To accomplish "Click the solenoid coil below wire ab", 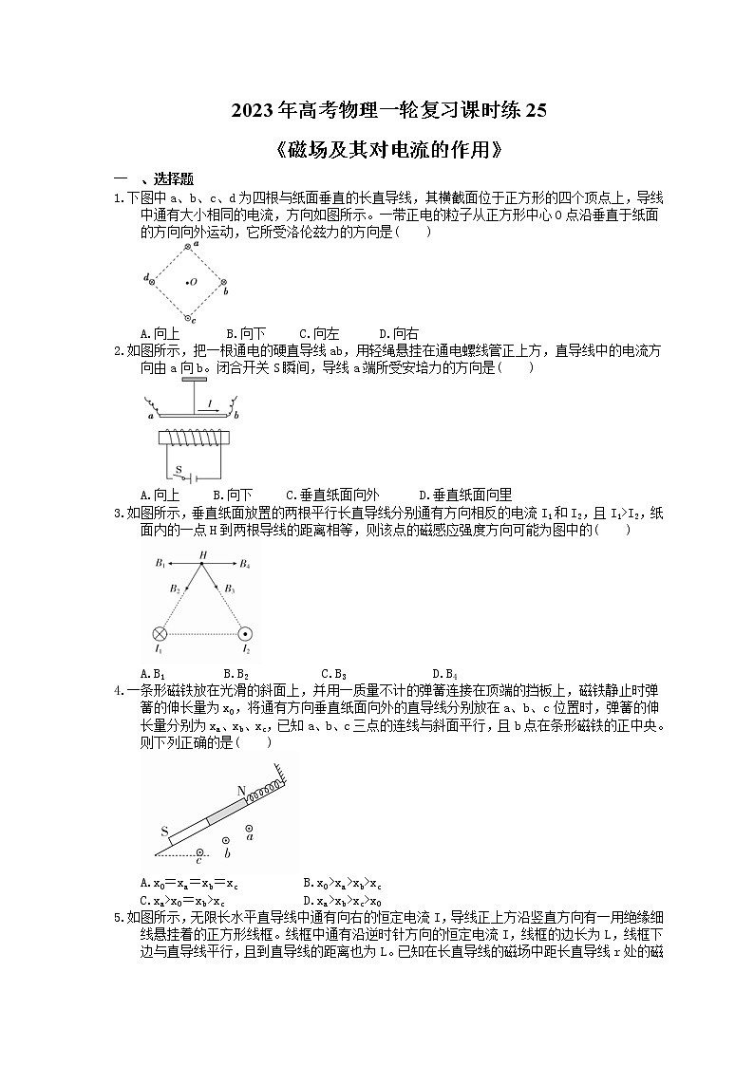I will (195, 439).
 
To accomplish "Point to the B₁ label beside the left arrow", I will (160, 564).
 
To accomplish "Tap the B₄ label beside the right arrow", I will (244, 564).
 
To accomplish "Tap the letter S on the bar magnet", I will (165, 832).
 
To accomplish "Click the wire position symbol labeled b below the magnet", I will (225, 840).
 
